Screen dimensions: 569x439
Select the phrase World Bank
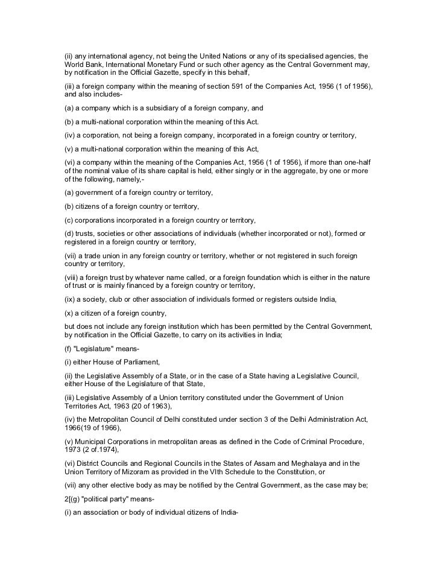83,64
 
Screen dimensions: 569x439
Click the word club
112,300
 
